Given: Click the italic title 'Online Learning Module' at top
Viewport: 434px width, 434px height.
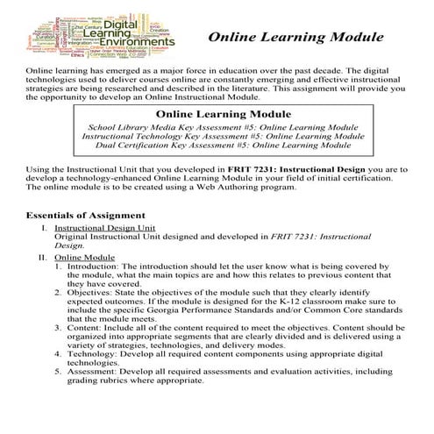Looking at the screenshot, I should [295, 39].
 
